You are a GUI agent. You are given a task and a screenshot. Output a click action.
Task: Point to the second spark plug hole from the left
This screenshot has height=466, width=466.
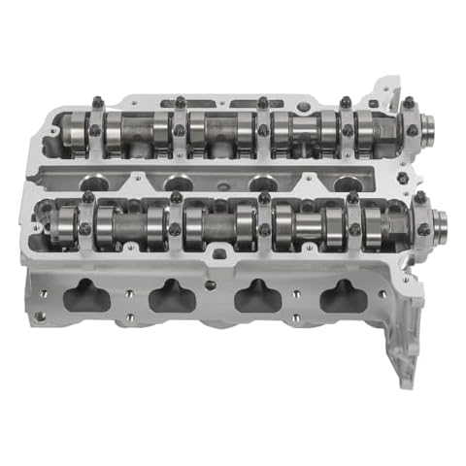click(x=178, y=183)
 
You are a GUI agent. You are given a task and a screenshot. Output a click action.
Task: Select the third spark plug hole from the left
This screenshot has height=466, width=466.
click(x=260, y=183)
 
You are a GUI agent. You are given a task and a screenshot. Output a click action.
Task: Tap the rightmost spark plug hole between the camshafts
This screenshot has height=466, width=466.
click(x=342, y=183)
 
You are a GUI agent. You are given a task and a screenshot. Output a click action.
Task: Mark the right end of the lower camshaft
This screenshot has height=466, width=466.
click(x=438, y=225)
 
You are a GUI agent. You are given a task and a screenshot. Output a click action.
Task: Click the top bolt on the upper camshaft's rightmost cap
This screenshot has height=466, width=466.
click(x=409, y=101)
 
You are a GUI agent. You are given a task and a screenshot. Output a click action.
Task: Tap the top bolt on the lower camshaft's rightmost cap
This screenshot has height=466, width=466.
click(x=419, y=197)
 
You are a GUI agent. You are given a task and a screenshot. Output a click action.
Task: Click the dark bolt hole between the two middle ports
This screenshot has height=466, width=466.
click(x=211, y=284)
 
